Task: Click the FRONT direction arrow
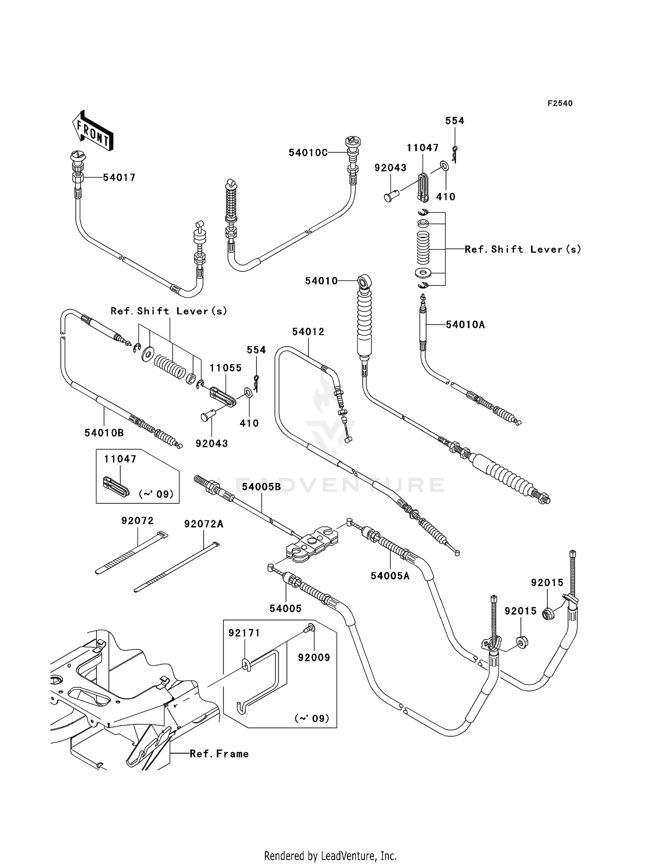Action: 93,131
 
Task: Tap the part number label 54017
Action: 119,177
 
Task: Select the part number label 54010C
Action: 308,152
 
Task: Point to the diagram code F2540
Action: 560,103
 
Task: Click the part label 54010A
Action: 465,325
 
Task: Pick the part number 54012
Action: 308,332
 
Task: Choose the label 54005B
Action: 261,487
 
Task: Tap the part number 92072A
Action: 204,524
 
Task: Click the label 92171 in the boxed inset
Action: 244,633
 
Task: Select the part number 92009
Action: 314,657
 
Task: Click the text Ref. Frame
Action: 219,754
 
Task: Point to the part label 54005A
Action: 390,576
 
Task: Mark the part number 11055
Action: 225,368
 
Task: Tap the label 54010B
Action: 104,433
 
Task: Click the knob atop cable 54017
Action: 78,156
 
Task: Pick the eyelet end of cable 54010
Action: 364,281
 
